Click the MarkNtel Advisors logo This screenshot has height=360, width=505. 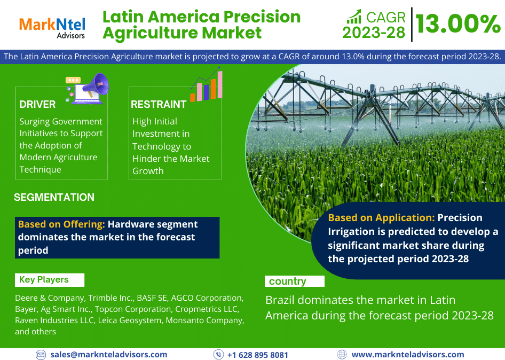[52, 28]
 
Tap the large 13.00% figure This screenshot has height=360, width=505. [458, 24]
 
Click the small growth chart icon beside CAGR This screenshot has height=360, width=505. [354, 17]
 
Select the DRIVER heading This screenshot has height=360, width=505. [37, 105]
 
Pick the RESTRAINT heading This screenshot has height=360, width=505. [159, 105]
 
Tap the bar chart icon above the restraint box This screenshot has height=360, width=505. [207, 84]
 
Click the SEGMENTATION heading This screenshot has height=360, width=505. [54, 197]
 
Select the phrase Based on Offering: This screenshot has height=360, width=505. [61, 224]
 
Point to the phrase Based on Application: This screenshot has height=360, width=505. [381, 217]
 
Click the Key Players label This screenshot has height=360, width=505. [44, 279]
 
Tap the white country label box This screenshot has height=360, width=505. [294, 281]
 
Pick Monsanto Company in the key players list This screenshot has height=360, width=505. [205, 320]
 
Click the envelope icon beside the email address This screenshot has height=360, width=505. [41, 355]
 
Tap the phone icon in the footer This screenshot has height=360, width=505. [218, 355]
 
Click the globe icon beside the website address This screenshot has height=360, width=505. [342, 355]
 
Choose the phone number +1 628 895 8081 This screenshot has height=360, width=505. [258, 355]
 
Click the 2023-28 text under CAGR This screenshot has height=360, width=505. [374, 33]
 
